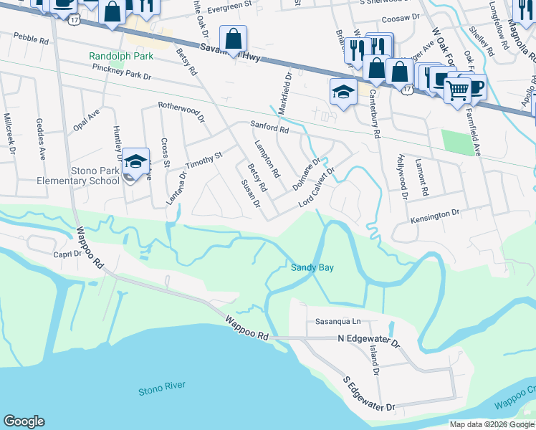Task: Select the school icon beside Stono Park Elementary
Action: (x=135, y=162)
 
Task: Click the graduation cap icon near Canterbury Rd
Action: (x=343, y=92)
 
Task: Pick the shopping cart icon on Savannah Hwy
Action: (x=456, y=90)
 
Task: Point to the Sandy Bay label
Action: (x=312, y=267)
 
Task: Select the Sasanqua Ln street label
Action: (x=334, y=322)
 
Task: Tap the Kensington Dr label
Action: (x=434, y=214)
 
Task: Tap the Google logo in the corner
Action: (x=24, y=421)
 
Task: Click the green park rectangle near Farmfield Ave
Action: (x=459, y=142)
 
